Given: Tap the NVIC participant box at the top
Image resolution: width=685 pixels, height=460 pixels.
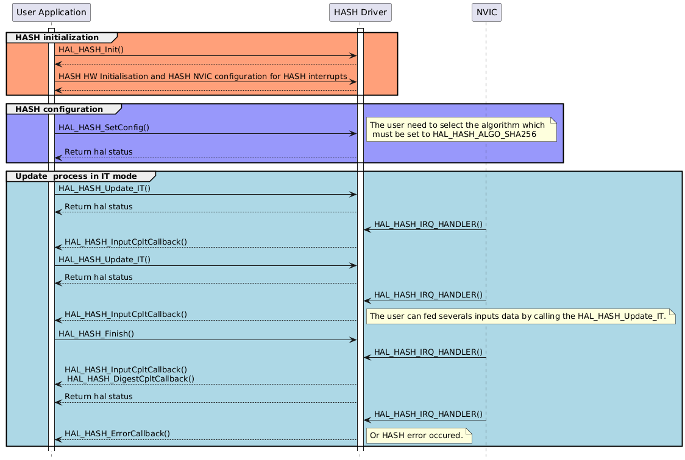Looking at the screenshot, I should coord(486,12).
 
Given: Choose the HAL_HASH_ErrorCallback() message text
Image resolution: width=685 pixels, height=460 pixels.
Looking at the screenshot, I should coord(117,433).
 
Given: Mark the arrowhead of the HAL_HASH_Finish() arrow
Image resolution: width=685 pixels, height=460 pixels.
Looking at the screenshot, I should coord(353,340).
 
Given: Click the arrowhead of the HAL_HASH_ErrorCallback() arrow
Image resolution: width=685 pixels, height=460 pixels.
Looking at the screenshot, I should coord(58,439).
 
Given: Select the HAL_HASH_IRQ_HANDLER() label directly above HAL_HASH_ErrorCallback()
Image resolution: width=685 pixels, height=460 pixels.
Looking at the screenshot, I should coord(428,414).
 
